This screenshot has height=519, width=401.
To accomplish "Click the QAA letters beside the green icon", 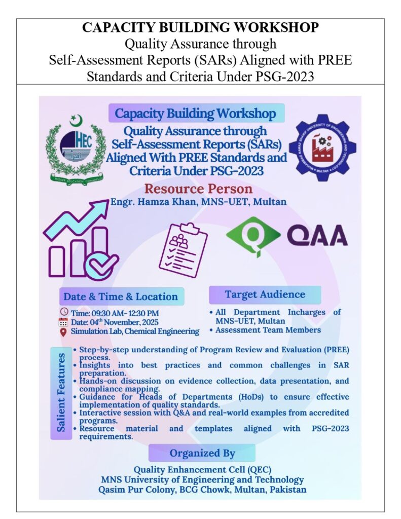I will [317, 236].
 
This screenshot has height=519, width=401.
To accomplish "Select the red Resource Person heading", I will [198, 189].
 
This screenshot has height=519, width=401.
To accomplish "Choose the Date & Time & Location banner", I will [120, 296].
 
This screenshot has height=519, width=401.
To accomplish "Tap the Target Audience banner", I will [265, 294].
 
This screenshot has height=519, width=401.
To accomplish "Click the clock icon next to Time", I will [64, 312].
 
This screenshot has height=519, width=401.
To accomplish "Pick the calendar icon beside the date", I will [63, 321].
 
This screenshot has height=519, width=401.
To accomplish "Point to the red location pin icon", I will [63, 331].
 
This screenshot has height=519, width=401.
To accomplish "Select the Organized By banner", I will [202, 453].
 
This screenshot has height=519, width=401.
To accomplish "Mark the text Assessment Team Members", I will [268, 330].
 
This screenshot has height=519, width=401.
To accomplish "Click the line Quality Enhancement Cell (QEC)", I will [202, 469].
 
